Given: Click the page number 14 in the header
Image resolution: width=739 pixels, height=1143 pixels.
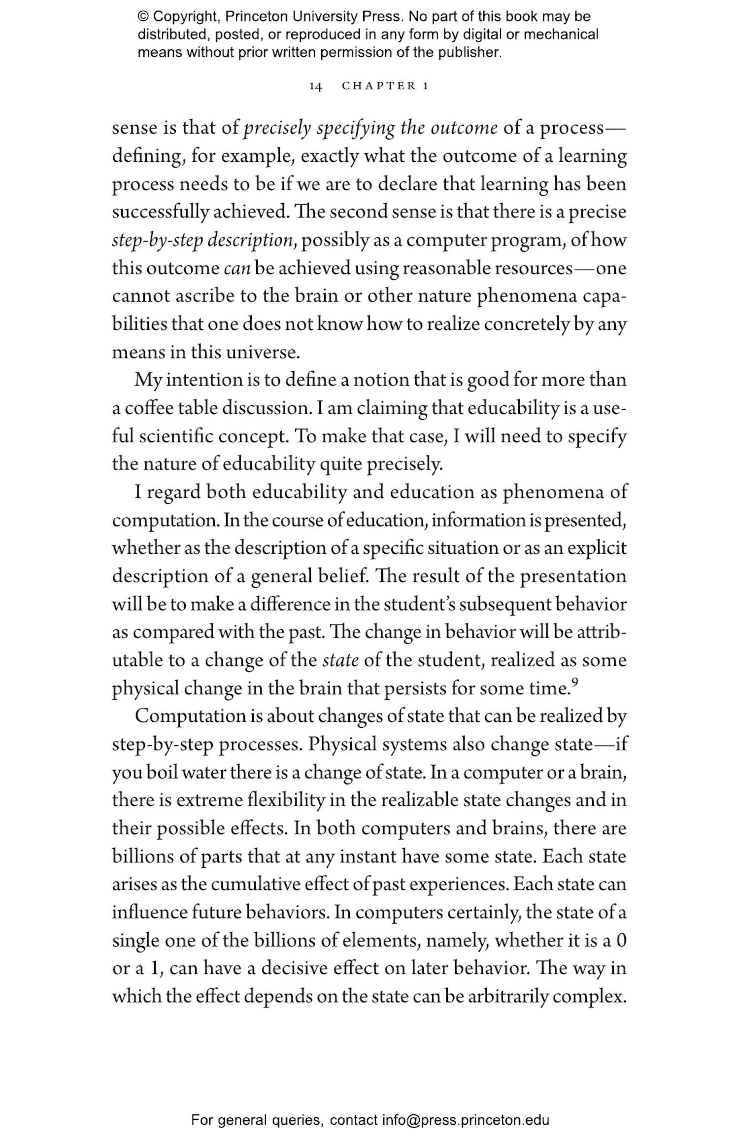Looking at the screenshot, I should pos(316,86).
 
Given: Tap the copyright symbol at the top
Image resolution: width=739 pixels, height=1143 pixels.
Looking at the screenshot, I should pos(143,17).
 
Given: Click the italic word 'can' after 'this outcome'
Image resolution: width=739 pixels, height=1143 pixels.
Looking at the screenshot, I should pos(237,268).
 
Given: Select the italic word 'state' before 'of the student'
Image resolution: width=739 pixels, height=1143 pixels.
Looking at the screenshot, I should pos(340,660).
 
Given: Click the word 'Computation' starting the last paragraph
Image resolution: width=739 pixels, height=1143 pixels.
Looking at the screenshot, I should pos(191,716).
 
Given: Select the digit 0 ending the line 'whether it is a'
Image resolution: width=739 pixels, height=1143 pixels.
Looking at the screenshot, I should pos(621,941).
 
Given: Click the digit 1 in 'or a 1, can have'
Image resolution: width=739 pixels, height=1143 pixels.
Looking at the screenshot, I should pos(154,969).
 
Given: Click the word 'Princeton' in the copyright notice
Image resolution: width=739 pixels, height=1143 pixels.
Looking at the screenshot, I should pos(257,17).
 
